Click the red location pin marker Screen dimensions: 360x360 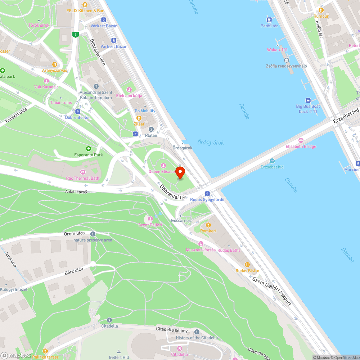[180, 172]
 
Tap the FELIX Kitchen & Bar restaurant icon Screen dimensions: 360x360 [85, 5]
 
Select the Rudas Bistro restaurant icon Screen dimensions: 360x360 [247, 265]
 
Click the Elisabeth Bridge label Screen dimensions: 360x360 [301, 147]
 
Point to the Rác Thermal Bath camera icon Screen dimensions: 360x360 [82, 172]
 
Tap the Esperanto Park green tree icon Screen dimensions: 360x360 [88, 149]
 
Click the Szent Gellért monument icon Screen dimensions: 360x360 [150, 219]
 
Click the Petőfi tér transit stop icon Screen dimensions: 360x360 [269, 19]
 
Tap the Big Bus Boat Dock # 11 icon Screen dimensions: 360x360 [308, 100]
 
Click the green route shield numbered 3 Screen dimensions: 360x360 [75, 35]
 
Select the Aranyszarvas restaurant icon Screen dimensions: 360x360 [55, 64]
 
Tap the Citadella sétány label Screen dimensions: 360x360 [172, 329]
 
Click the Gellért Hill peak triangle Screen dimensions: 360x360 [119, 351]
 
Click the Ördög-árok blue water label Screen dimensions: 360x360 [210, 143]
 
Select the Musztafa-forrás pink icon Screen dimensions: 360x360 [201, 244]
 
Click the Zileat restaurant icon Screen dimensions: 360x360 [139, 118]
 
